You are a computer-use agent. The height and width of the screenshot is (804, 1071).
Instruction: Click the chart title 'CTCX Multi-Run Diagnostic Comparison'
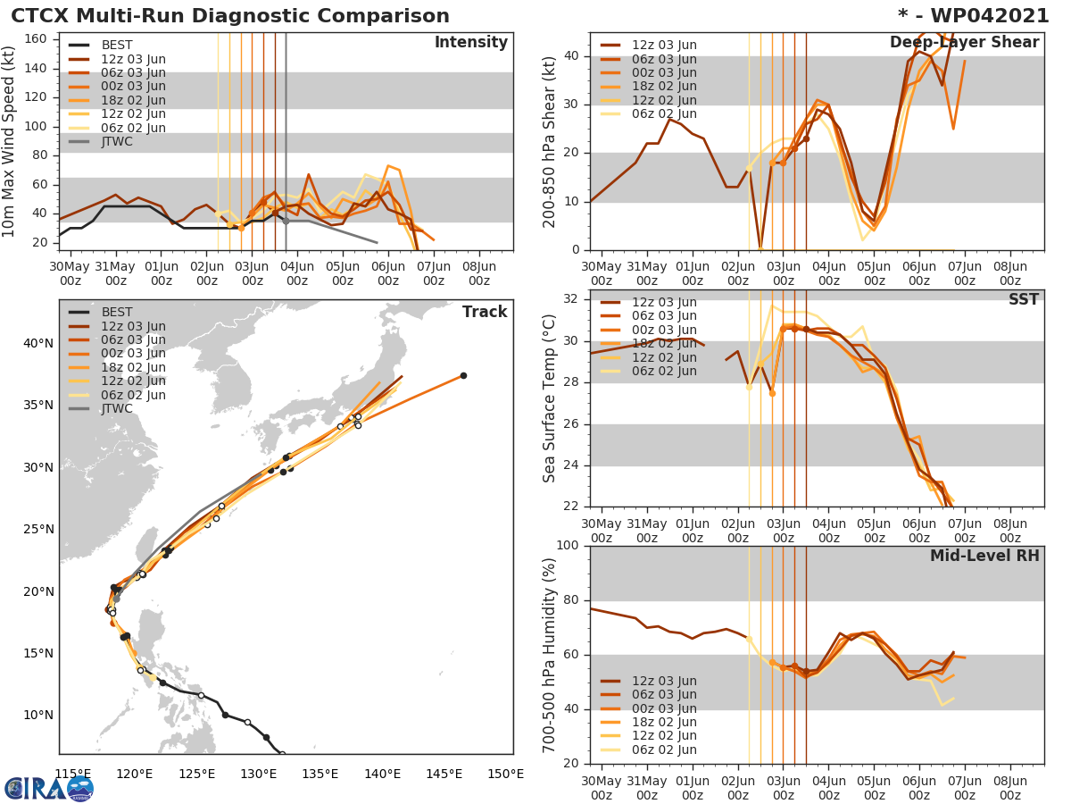tap(230, 16)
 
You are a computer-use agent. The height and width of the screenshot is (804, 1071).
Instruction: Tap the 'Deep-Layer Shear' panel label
tap(964, 43)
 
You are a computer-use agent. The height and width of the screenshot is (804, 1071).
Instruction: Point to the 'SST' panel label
tap(1023, 299)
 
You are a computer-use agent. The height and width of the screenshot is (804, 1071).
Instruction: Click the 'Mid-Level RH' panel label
tap(984, 556)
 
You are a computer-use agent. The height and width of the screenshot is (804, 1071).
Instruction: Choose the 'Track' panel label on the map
tap(484, 312)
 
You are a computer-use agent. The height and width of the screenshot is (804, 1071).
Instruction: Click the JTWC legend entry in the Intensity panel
tap(121, 142)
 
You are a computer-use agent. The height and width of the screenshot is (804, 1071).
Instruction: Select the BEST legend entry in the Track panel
tap(116, 313)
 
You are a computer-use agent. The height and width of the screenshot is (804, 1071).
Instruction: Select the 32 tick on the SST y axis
tap(570, 299)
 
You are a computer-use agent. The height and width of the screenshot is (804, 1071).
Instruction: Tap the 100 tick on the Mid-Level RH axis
tap(565, 546)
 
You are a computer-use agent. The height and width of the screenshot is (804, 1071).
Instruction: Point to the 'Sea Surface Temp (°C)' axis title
tap(550, 397)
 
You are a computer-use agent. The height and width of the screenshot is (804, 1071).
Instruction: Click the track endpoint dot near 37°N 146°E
tap(463, 375)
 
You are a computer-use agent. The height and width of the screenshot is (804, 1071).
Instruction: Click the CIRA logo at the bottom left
tap(48, 788)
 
